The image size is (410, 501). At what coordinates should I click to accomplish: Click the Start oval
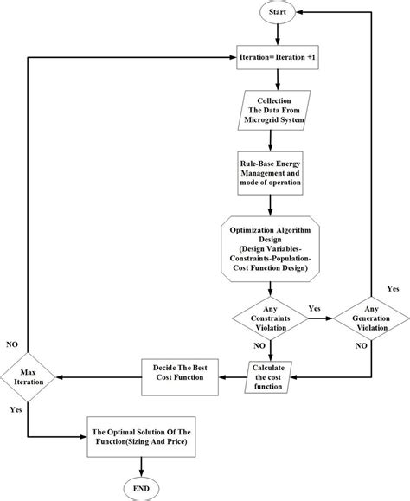[x=278, y=12]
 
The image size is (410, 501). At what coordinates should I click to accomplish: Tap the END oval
[x=141, y=489]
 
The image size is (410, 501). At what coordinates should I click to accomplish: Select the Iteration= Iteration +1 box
[x=278, y=57]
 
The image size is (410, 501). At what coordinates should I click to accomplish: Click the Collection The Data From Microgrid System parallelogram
[x=274, y=110]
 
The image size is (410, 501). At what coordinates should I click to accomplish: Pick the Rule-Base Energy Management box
[x=270, y=173]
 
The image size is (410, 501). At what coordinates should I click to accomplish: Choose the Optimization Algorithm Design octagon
[x=270, y=249]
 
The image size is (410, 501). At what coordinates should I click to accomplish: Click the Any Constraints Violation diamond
[x=270, y=318]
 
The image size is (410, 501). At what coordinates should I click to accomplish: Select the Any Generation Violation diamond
[x=371, y=318]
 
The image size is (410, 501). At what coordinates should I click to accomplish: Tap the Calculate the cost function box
[x=268, y=377]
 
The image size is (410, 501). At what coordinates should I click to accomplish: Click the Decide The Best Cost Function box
[x=180, y=377]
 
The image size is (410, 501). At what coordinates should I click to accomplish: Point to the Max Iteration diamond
[x=28, y=377]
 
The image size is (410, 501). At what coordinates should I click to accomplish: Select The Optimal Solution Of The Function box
[x=142, y=437]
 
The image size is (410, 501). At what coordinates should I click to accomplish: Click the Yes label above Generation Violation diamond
[x=393, y=289]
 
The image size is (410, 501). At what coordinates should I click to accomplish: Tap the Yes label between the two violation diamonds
[x=315, y=309]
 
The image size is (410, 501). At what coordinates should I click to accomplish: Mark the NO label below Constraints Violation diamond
[x=259, y=346]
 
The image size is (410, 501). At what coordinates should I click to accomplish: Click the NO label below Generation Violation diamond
[x=362, y=346]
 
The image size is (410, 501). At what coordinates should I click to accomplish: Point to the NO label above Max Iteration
[x=12, y=344]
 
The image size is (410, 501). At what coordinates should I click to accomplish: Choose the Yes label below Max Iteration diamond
[x=16, y=409]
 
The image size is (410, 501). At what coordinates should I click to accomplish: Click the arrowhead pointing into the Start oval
[x=300, y=12]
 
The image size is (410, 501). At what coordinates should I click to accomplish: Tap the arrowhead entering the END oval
[x=141, y=473]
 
